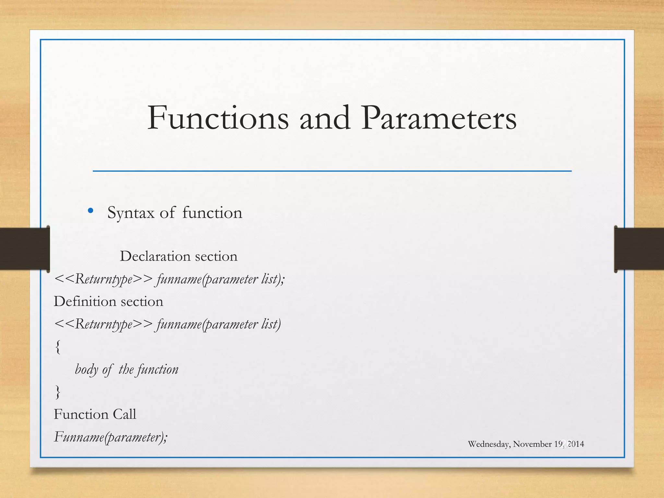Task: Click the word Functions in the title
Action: coord(218,118)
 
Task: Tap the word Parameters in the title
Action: coord(439,118)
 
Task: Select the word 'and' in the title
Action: coord(325,118)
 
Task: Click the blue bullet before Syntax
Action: coord(90,211)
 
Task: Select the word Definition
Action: coord(85,302)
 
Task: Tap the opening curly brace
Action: coord(58,347)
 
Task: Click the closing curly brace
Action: coord(58,392)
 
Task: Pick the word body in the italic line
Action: coord(86,370)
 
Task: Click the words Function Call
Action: coord(95,414)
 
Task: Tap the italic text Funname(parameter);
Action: coord(111,437)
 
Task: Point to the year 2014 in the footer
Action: coord(575,444)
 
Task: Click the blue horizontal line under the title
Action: coord(332,171)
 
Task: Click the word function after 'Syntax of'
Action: coord(212,213)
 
